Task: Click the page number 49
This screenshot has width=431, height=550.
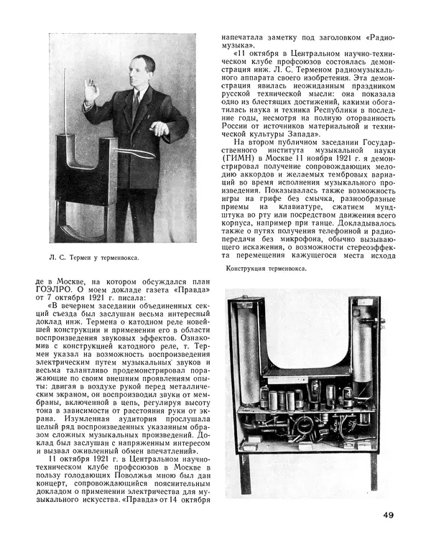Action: pos(387,514)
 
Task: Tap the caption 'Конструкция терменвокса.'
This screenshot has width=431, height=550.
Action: pos(266,269)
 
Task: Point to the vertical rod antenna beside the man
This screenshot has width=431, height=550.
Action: pos(68,108)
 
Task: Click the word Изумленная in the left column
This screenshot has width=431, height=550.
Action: pos(51,418)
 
